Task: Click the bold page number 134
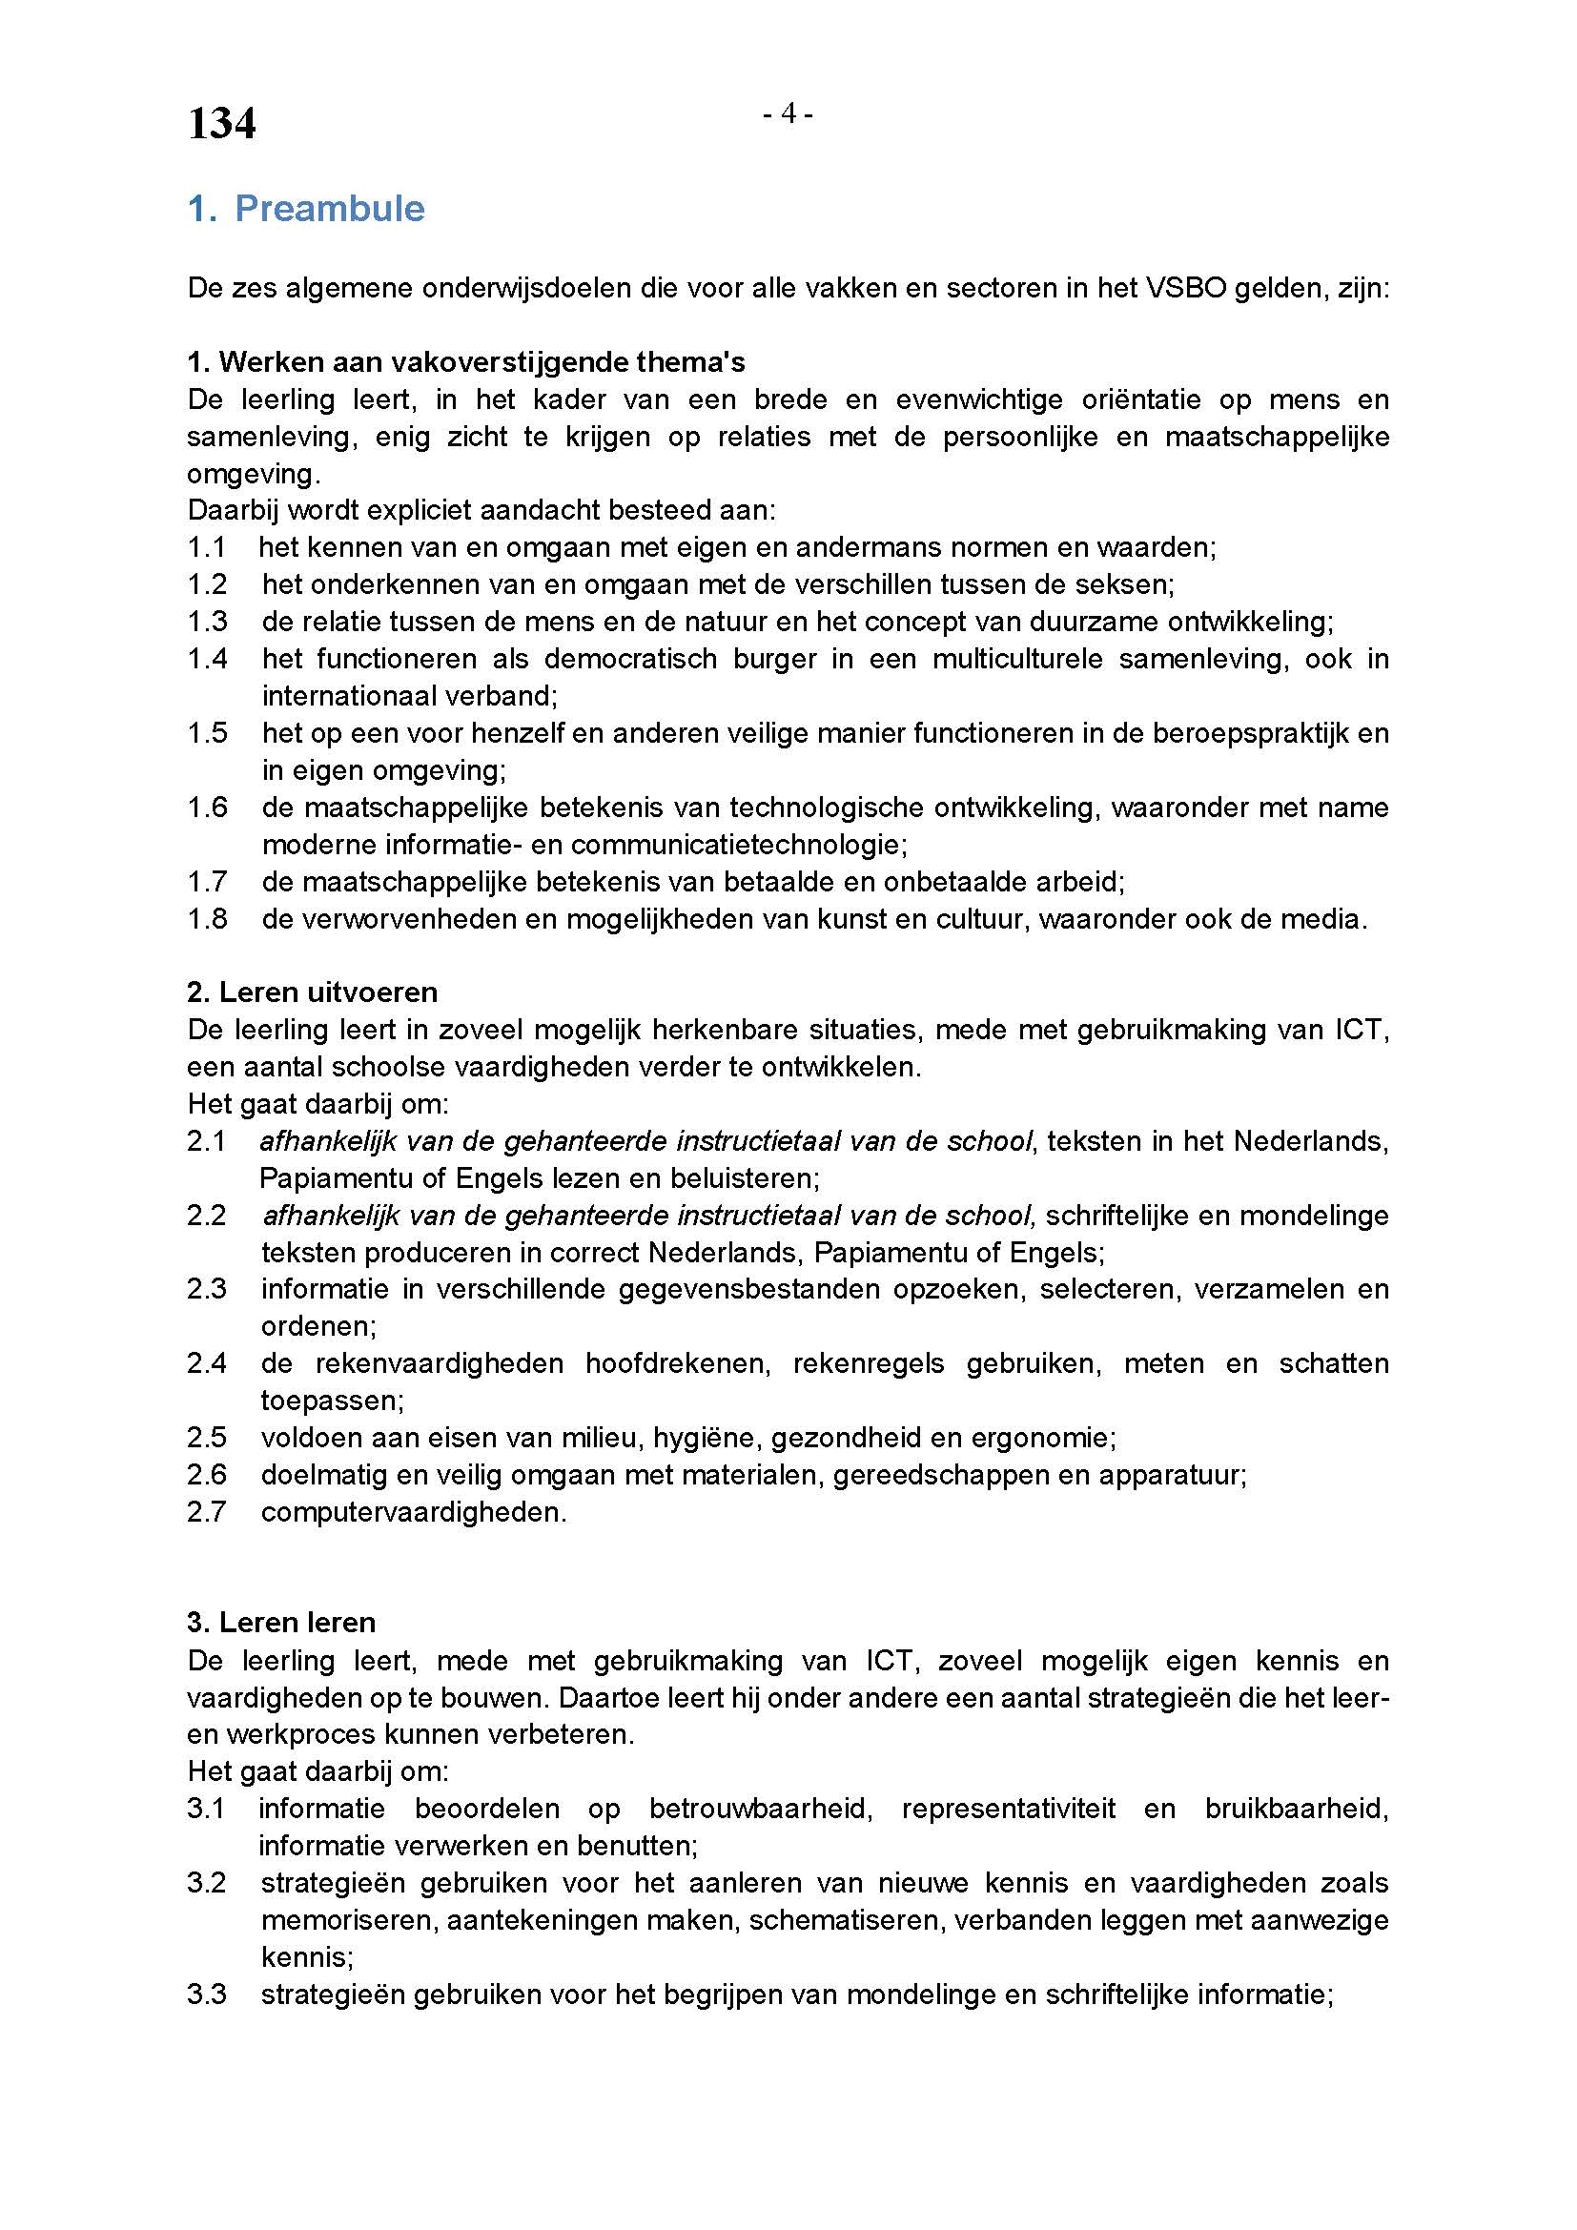(x=221, y=124)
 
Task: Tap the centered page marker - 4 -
(x=788, y=114)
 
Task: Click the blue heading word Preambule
(x=329, y=209)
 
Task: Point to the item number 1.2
(x=207, y=584)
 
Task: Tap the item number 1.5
(x=207, y=733)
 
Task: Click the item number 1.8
(x=207, y=919)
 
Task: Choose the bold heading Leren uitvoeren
(x=312, y=992)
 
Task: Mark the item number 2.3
(x=207, y=1290)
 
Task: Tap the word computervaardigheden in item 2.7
(x=413, y=1512)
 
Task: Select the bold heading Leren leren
(x=281, y=1623)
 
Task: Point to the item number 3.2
(x=207, y=1883)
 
